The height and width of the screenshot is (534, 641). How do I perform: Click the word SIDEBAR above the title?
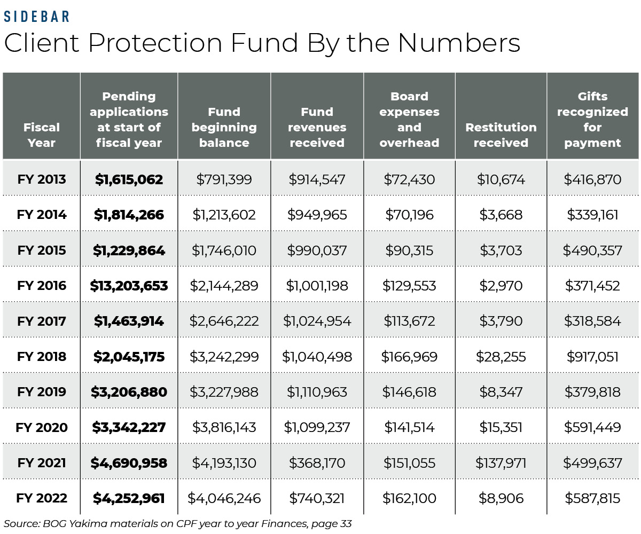37,16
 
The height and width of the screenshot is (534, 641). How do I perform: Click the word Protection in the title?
155,44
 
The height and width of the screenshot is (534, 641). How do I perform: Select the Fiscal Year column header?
41,135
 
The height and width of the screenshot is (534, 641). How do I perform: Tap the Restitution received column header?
501,135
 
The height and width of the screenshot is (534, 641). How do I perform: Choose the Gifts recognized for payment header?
592,120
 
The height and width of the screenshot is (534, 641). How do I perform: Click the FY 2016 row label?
42,286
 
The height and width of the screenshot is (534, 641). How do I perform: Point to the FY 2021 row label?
42,463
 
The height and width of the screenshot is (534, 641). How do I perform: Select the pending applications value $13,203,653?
129,286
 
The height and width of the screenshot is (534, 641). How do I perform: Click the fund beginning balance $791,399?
224,179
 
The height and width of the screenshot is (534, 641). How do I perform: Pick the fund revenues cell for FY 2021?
317,463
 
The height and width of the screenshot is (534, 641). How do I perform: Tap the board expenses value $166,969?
409,357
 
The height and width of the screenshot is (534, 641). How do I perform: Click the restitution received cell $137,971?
501,463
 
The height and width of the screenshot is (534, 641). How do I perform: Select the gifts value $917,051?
592,357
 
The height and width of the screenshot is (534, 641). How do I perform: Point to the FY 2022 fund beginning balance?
224,499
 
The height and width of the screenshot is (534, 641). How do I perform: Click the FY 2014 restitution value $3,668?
501,215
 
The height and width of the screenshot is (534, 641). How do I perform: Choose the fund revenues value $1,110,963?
317,392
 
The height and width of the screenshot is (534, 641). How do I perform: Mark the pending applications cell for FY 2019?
129,392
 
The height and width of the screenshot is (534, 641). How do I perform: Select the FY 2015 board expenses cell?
409,250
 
